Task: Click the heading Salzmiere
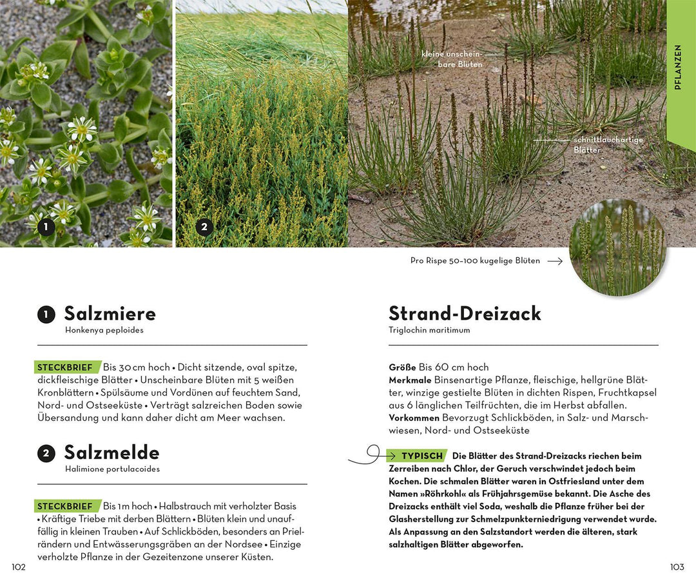click(x=110, y=314)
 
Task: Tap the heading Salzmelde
click(x=111, y=453)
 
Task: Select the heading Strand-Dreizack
click(x=465, y=314)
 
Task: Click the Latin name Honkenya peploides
click(x=104, y=330)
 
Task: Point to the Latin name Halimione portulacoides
click(x=112, y=469)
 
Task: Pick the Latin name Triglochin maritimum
click(x=429, y=330)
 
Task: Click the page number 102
click(x=19, y=567)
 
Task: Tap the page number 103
click(x=677, y=567)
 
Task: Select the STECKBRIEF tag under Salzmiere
click(x=65, y=367)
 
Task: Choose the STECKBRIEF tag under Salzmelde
click(x=65, y=506)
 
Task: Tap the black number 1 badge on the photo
click(x=45, y=226)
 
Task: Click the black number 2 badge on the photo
click(x=204, y=226)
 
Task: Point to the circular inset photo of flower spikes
click(x=617, y=248)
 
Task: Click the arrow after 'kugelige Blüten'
click(x=554, y=261)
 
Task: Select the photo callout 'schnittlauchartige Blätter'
click(x=608, y=144)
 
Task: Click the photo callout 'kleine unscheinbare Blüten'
click(x=451, y=59)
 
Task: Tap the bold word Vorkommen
click(x=414, y=418)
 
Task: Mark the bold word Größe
click(x=402, y=367)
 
